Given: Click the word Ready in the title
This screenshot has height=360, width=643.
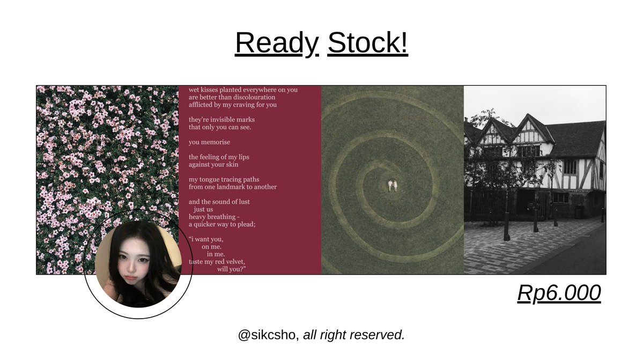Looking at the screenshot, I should (x=277, y=43).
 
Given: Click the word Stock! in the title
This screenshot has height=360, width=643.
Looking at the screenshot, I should (x=368, y=43).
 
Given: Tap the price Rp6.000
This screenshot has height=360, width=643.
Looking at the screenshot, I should (x=559, y=293).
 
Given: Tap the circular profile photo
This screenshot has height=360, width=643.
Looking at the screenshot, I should (x=138, y=264).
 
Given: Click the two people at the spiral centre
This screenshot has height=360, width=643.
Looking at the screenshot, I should (x=393, y=185).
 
